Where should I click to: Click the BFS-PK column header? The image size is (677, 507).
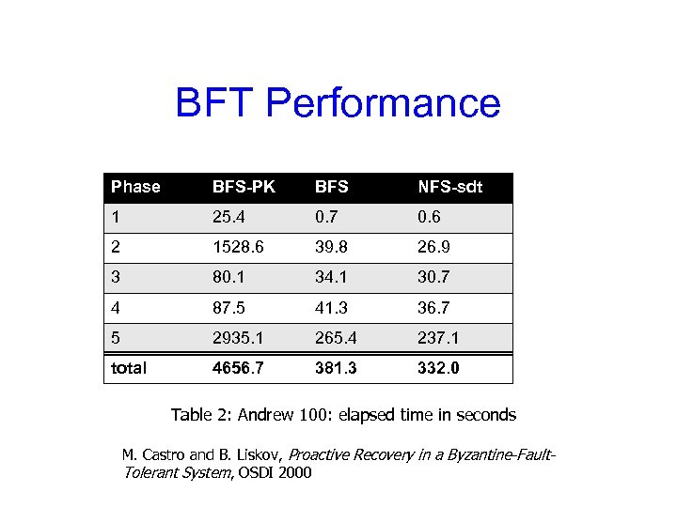[x=244, y=187]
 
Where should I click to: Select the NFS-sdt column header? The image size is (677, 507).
[x=449, y=187]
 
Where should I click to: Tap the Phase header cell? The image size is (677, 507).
[x=135, y=187]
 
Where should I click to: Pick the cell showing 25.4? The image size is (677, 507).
[x=230, y=217]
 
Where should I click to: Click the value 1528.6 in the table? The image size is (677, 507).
[x=238, y=247]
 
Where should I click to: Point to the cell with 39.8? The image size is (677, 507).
[x=332, y=247]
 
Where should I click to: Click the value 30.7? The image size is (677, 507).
[x=435, y=277]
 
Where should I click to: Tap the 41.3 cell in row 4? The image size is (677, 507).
[x=332, y=307]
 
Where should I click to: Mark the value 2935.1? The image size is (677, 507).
[x=238, y=337]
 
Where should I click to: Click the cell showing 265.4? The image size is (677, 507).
[x=336, y=337]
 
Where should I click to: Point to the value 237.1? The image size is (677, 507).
[x=439, y=337]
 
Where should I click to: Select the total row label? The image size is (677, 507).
[x=129, y=368]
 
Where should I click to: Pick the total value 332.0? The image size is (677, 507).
[x=439, y=368]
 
